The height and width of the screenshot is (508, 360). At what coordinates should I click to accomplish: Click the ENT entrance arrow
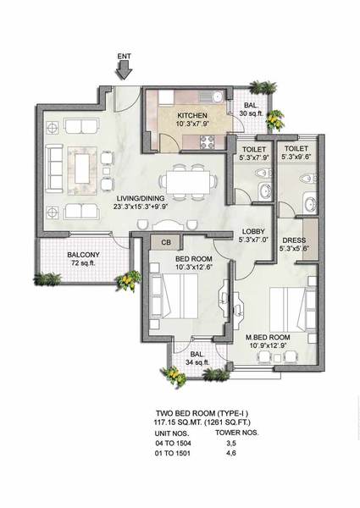tap(125, 69)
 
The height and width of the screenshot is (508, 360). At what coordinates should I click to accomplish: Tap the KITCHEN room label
tap(192, 116)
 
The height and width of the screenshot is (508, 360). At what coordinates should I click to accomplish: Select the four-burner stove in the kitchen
tap(207, 142)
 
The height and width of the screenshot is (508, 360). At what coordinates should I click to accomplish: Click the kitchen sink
tap(211, 96)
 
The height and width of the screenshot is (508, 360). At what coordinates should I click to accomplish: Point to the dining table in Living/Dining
tap(188, 182)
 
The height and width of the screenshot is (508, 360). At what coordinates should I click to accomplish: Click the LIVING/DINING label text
tap(141, 198)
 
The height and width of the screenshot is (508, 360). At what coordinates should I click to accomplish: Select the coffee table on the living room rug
tap(82, 169)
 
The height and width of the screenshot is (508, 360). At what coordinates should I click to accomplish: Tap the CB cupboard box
tap(166, 242)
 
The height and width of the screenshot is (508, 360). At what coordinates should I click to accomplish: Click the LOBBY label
tap(253, 231)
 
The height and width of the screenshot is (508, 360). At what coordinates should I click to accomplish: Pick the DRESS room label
tap(294, 240)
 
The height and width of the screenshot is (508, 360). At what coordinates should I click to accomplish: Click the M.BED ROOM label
tap(268, 337)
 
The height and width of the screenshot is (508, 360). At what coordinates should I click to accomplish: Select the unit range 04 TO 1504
tap(173, 443)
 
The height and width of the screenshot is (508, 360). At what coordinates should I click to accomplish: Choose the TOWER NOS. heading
tap(237, 433)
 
